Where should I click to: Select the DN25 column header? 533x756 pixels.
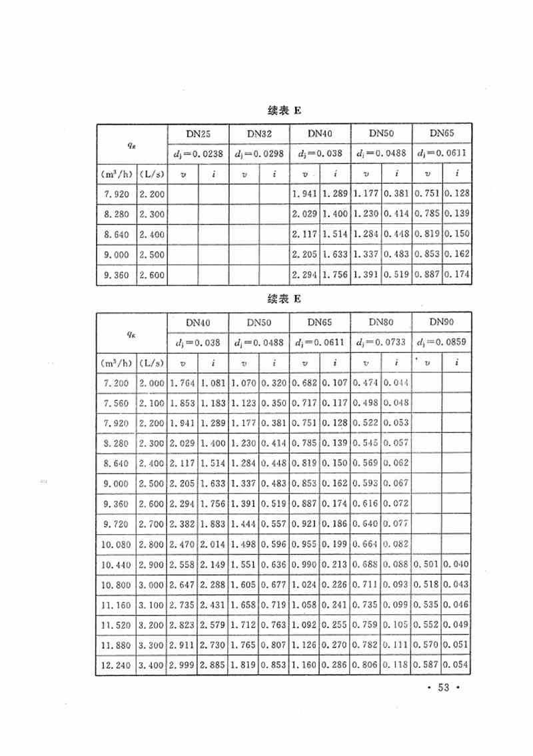(x=197, y=134)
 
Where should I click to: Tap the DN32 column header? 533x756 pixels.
(x=259, y=134)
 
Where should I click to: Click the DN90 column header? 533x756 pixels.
(x=442, y=322)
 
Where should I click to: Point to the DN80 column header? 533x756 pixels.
(x=380, y=322)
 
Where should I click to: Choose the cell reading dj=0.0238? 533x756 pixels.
(x=197, y=154)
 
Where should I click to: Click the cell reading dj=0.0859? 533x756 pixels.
(x=442, y=343)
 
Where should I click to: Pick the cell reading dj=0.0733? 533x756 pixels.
(x=380, y=343)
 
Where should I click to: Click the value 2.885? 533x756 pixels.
(x=213, y=665)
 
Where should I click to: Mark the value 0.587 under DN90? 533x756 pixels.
(x=426, y=665)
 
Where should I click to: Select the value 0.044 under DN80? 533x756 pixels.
(x=396, y=383)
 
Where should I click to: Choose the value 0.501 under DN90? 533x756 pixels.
(x=426, y=566)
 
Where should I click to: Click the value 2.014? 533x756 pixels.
(x=213, y=545)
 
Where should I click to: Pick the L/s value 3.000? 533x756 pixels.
(x=152, y=585)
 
